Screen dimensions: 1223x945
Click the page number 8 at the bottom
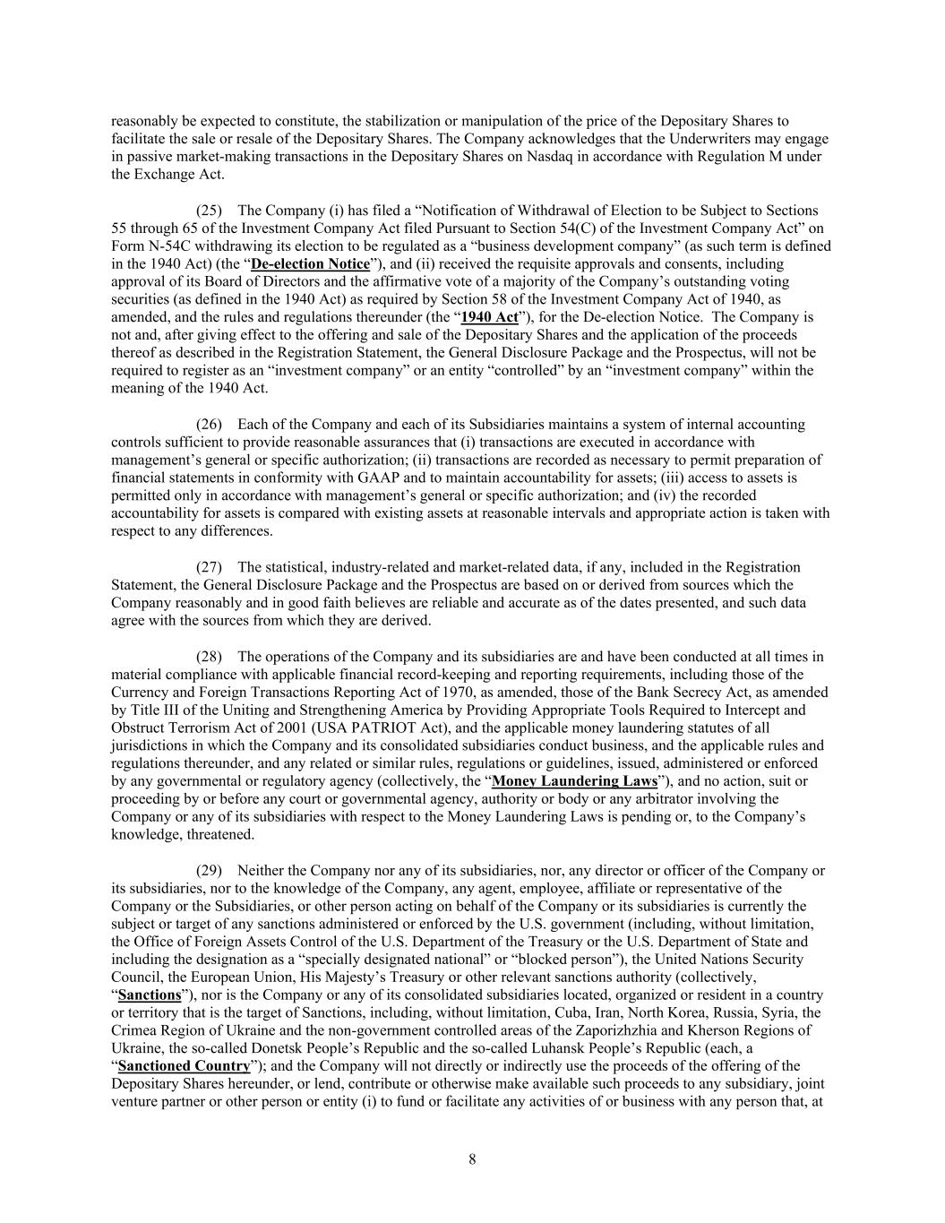coord(472,1159)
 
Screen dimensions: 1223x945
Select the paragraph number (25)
coord(209,211)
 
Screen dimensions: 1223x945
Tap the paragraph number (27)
coord(209,567)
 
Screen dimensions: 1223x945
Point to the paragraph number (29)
coord(209,870)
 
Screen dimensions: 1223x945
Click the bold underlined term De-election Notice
coord(310,264)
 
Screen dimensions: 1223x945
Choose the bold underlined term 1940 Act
coord(489,317)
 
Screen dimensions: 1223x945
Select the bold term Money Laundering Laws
coord(574,781)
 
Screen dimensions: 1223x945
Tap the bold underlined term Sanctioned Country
coord(184,1066)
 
